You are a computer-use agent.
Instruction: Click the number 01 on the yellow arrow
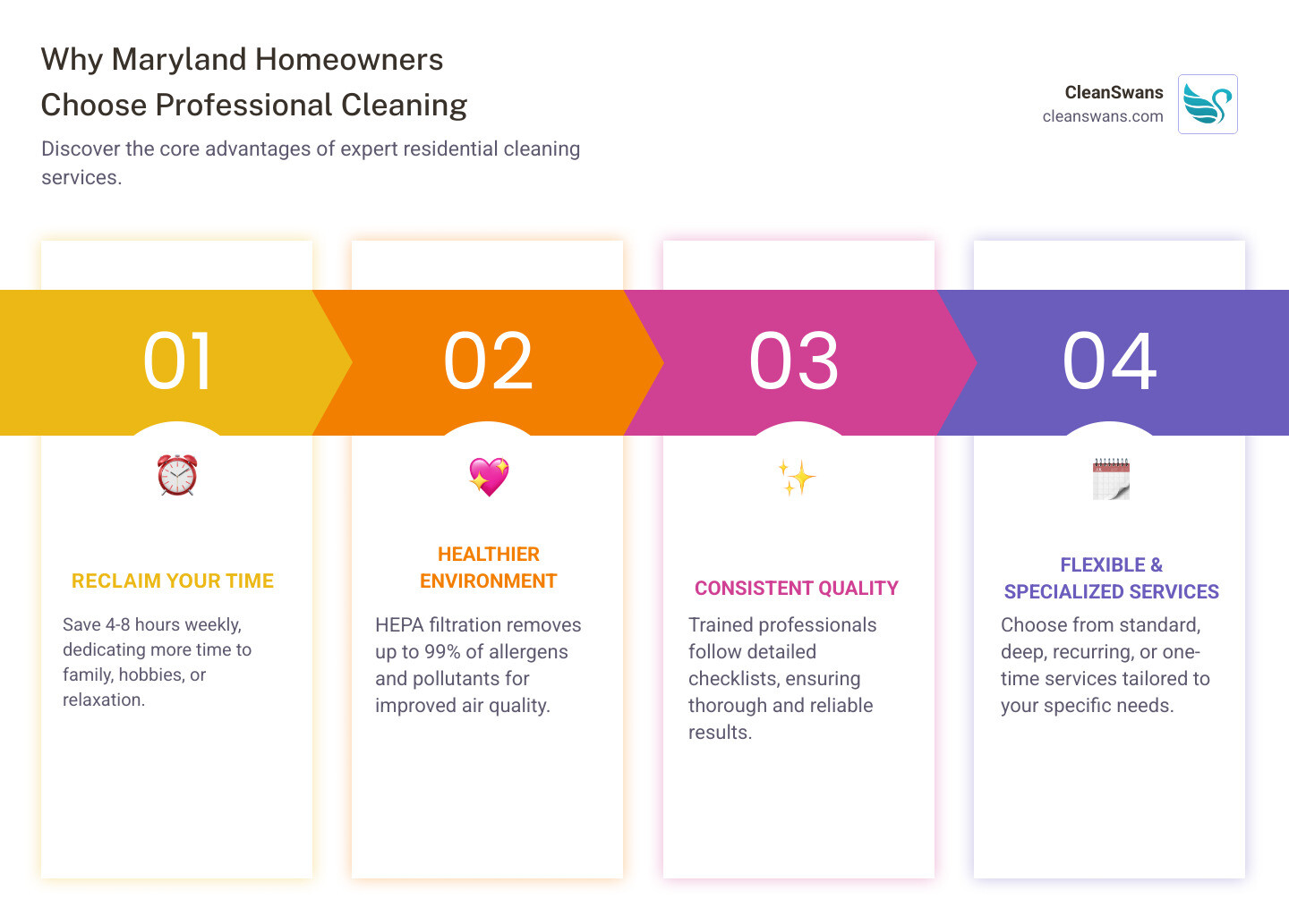177,361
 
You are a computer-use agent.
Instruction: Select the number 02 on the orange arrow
488,361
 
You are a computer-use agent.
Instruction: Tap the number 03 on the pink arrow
794,361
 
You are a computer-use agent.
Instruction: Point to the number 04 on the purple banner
1109,361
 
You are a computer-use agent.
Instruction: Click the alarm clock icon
177,475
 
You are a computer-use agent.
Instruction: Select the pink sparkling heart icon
489,477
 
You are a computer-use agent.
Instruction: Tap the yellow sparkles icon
796,478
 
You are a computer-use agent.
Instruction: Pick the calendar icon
1111,479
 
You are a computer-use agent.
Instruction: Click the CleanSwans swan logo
1208,105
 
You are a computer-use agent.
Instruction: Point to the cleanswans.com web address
1102,116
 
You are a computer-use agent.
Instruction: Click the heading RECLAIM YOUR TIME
173,581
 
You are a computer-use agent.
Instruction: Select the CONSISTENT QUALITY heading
796,589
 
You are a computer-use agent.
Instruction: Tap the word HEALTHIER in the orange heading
489,555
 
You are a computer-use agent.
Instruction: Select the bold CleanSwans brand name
1114,92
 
